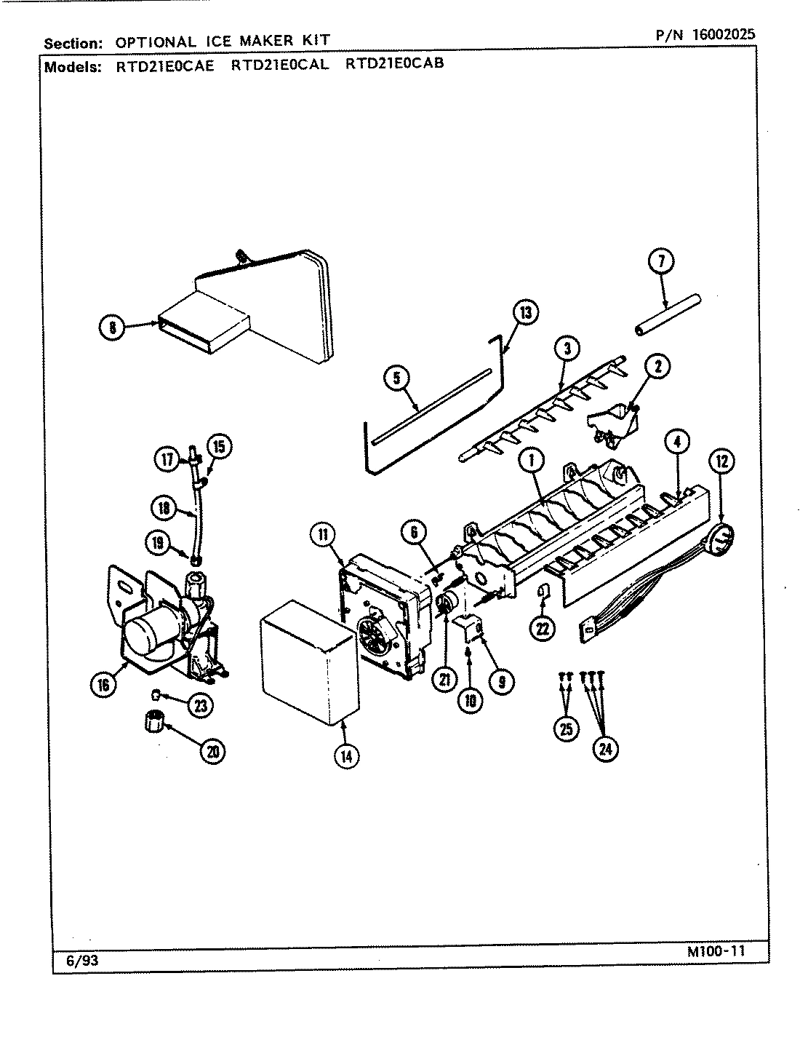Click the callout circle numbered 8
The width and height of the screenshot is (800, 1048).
tap(112, 327)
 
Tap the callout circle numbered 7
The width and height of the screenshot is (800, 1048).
tap(661, 262)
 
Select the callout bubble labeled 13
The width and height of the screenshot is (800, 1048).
tap(524, 313)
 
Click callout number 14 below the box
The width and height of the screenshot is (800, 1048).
tap(346, 755)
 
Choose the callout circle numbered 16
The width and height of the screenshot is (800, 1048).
tap(105, 684)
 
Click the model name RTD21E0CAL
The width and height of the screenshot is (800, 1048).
tap(280, 64)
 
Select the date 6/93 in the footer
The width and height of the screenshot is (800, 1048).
tap(81, 961)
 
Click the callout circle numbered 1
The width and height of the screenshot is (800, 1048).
tap(532, 460)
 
